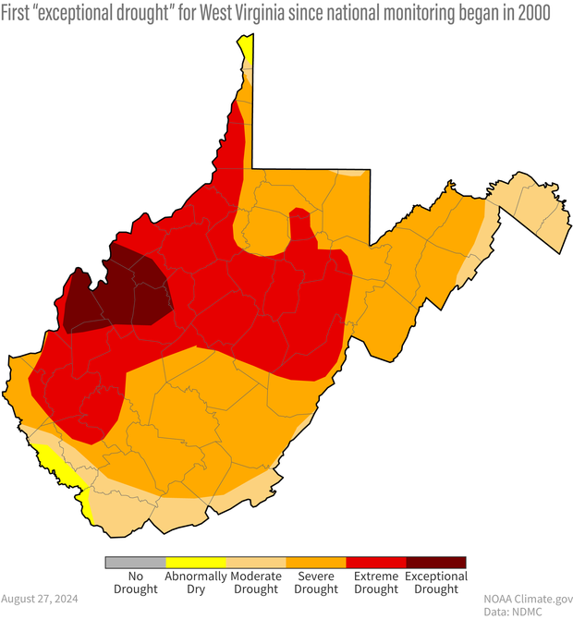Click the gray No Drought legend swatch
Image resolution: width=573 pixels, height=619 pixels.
pyautogui.click(x=135, y=562)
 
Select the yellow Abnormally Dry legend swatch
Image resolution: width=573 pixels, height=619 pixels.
pyautogui.click(x=195, y=562)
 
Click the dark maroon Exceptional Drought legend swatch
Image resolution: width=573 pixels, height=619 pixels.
pyautogui.click(x=435, y=562)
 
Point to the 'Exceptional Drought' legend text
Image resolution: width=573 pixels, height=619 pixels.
pyautogui.click(x=435, y=582)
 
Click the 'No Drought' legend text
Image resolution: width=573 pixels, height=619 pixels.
pyautogui.click(x=135, y=582)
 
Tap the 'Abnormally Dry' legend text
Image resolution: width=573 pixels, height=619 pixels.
pyautogui.click(x=195, y=582)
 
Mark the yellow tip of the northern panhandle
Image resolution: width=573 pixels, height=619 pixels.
pyautogui.click(x=245, y=49)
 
